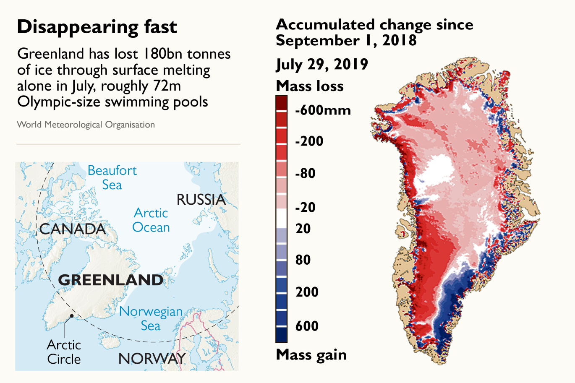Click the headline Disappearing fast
point(97,27)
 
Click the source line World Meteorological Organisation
point(86,125)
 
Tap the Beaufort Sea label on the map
point(112,177)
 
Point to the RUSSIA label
point(201,200)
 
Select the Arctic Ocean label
point(151,220)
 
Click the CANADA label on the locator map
point(73,229)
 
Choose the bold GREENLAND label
point(111,280)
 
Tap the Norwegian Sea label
point(151,318)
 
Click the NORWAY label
point(152,359)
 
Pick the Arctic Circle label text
point(64,352)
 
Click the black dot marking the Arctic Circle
point(72,316)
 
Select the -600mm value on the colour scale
point(323,110)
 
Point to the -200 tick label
point(309,141)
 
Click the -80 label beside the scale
point(305,173)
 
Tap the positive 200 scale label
point(307,292)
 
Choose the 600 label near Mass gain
point(307,326)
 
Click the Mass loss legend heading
point(310,86)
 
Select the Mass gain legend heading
point(311,355)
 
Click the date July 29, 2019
point(322,64)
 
